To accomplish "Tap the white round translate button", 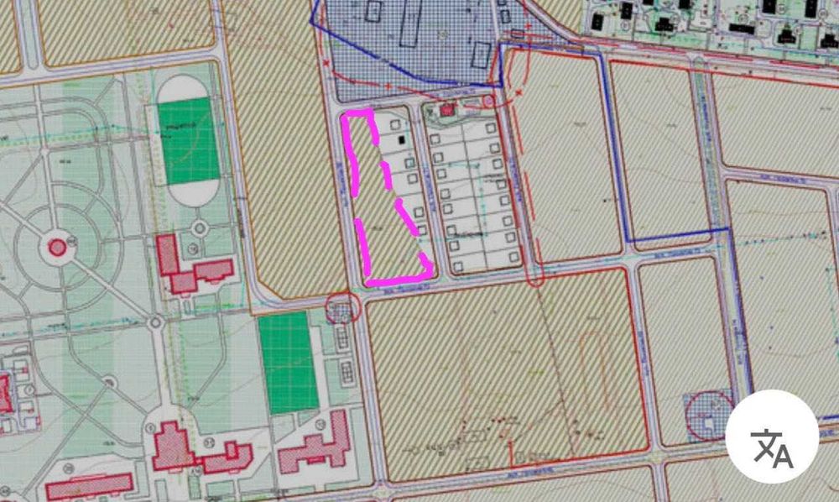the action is click(x=771, y=442).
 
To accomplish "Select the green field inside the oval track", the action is click(x=189, y=140).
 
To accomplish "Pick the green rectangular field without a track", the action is click(x=288, y=362).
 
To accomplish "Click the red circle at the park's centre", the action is click(x=57, y=247).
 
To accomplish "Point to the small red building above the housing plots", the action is click(x=446, y=108).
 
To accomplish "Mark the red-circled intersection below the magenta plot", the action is click(x=342, y=307).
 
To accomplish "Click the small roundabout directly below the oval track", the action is click(x=200, y=227).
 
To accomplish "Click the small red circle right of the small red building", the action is click(x=487, y=101).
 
